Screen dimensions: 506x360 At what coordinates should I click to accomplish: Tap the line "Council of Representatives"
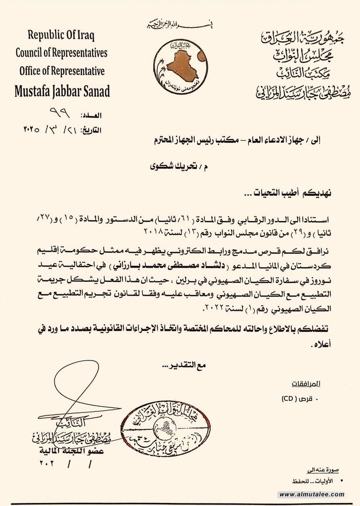62,53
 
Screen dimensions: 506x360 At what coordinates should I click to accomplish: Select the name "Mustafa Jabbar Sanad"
62,92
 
